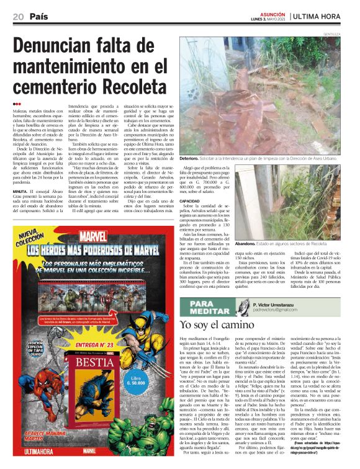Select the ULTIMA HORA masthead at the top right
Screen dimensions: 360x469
(x=318, y=16)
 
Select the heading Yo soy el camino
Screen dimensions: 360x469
(x=217, y=324)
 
